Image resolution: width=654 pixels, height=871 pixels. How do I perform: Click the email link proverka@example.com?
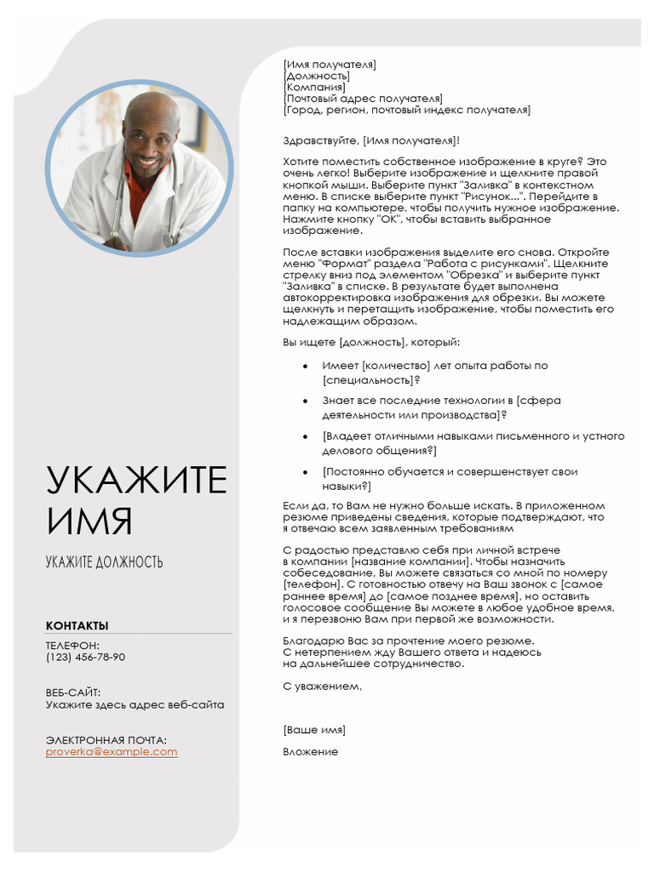click(x=112, y=752)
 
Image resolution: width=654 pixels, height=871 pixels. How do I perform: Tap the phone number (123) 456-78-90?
click(x=85, y=658)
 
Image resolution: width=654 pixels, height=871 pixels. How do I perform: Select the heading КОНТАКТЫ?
click(x=77, y=626)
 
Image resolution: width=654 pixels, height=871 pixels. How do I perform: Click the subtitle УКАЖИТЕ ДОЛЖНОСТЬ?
click(x=104, y=562)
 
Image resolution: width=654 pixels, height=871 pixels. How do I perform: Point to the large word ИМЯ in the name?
click(x=89, y=521)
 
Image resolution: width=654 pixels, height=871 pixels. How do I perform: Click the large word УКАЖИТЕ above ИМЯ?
click(x=136, y=481)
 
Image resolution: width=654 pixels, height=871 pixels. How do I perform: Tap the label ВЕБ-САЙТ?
click(x=73, y=693)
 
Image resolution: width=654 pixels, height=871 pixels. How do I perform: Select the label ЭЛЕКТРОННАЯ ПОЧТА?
click(x=106, y=740)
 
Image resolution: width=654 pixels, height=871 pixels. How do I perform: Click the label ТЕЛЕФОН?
click(x=72, y=646)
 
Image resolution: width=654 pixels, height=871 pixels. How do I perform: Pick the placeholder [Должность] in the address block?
click(x=316, y=76)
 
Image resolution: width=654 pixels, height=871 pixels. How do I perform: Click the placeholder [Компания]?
click(x=314, y=87)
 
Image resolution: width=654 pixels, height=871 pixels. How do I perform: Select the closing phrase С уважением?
click(x=322, y=686)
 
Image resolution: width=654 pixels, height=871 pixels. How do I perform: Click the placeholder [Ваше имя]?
click(x=314, y=730)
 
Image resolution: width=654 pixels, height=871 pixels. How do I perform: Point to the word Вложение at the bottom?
click(x=310, y=752)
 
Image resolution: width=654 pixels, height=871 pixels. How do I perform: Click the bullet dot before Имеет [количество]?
click(x=305, y=366)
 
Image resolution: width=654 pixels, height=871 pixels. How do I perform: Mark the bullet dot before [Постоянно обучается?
click(x=305, y=472)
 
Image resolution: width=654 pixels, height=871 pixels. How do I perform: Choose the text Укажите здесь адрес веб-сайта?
click(x=135, y=705)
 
